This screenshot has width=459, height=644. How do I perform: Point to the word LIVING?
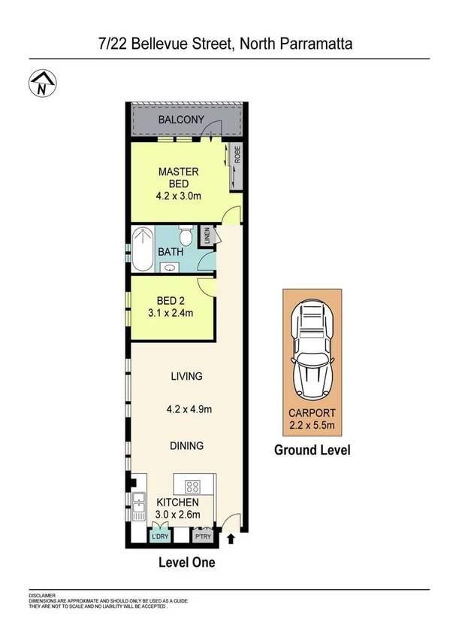[186, 376]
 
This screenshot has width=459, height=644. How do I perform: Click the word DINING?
[186, 445]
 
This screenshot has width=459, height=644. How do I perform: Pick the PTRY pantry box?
[201, 536]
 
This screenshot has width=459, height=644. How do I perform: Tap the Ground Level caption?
[312, 451]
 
